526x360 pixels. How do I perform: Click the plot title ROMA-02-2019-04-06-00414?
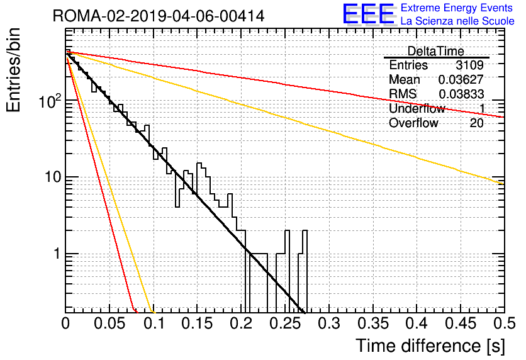tap(159, 16)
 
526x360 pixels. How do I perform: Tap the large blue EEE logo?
tap(369, 14)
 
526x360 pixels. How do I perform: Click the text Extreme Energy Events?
tap(457, 8)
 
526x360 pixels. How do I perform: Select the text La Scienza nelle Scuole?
tap(457, 21)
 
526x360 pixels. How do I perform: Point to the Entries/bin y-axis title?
tap(13, 70)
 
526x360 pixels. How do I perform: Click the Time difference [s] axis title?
tap(430, 346)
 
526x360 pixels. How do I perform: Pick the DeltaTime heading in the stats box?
tap(436, 51)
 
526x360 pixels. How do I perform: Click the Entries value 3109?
tap(469, 65)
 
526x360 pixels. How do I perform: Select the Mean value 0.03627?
tap(461, 79)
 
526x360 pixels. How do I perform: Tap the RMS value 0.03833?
tap(461, 94)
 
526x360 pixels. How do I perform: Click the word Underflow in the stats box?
tap(417, 108)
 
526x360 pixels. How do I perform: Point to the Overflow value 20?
tap(477, 123)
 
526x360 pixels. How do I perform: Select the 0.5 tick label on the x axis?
tap(504, 323)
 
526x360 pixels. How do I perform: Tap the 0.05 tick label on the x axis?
tap(109, 323)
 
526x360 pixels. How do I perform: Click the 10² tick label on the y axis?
tap(50, 101)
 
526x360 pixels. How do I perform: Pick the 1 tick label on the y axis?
tap(57, 254)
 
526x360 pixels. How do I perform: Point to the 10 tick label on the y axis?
tap(53, 177)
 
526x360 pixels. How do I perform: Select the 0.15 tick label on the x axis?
tap(198, 323)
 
